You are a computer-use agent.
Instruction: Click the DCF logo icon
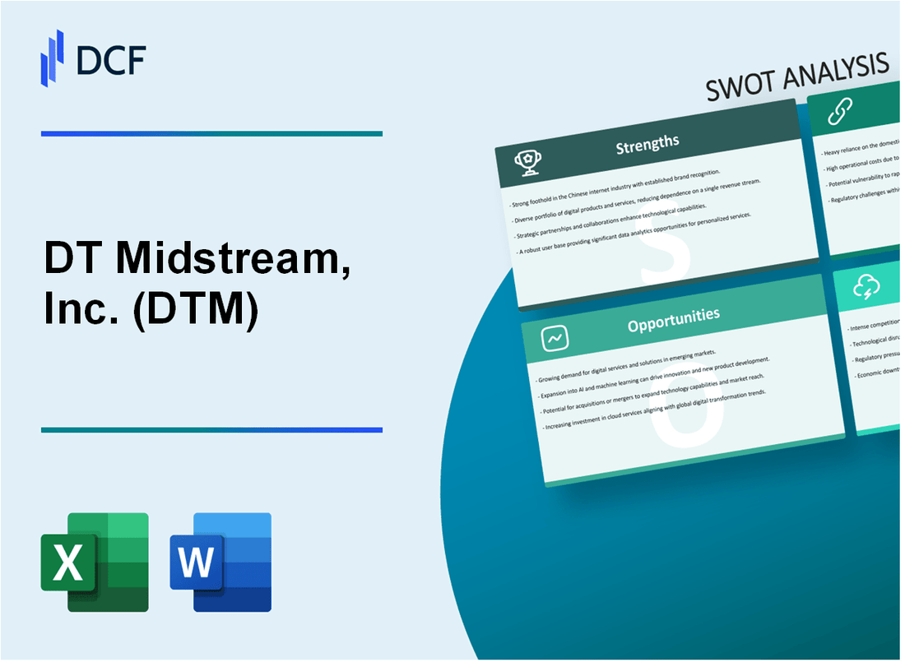click(53, 57)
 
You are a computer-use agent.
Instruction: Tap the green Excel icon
click(95, 562)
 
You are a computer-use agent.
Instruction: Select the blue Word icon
click(220, 562)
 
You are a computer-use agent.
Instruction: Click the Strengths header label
click(647, 145)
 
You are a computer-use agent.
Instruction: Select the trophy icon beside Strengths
click(527, 162)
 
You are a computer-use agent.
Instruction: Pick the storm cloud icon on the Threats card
click(867, 286)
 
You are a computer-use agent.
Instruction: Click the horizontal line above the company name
click(211, 133)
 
